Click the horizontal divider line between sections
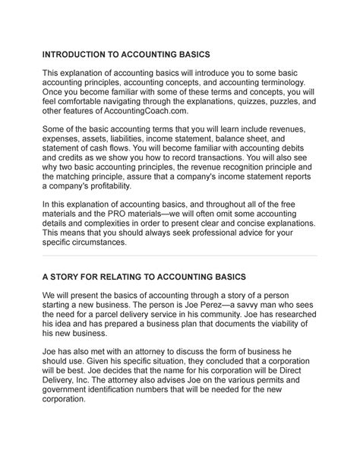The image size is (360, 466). [179, 277]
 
